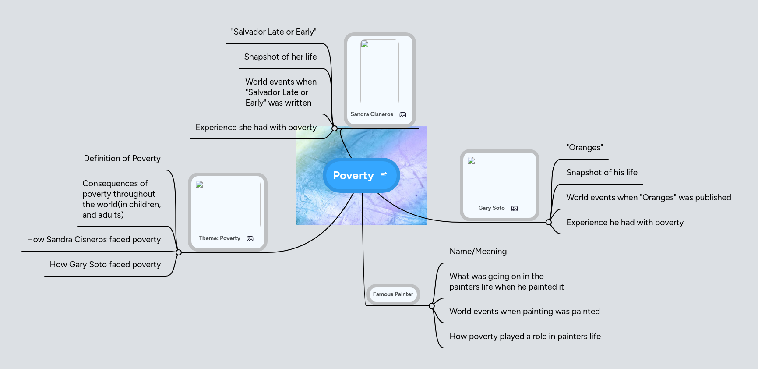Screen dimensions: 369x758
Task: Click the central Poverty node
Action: tap(353, 175)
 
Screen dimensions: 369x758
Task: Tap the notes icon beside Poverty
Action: tap(384, 175)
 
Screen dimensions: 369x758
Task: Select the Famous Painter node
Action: tap(393, 294)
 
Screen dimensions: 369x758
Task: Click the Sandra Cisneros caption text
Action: tap(372, 114)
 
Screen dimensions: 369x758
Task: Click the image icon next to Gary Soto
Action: tap(515, 209)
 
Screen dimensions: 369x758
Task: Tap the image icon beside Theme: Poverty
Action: tap(250, 239)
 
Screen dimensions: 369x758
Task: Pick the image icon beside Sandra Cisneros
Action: tap(403, 115)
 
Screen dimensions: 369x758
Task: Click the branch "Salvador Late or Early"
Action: tap(274, 32)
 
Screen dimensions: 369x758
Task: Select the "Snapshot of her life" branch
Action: tap(280, 57)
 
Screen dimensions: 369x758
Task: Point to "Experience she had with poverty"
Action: tap(256, 128)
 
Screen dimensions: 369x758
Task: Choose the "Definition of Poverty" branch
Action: tap(122, 159)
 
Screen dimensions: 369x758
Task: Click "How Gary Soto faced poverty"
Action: tap(105, 265)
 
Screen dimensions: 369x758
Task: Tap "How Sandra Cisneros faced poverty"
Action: tap(94, 240)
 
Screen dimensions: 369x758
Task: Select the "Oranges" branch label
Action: tap(585, 148)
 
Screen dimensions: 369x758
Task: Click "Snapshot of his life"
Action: tap(602, 173)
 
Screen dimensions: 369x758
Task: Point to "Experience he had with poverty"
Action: tap(625, 223)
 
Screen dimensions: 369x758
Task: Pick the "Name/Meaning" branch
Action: tap(478, 252)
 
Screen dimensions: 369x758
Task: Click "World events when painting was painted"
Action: tap(525, 312)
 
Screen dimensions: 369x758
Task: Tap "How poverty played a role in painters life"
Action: tap(525, 337)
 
